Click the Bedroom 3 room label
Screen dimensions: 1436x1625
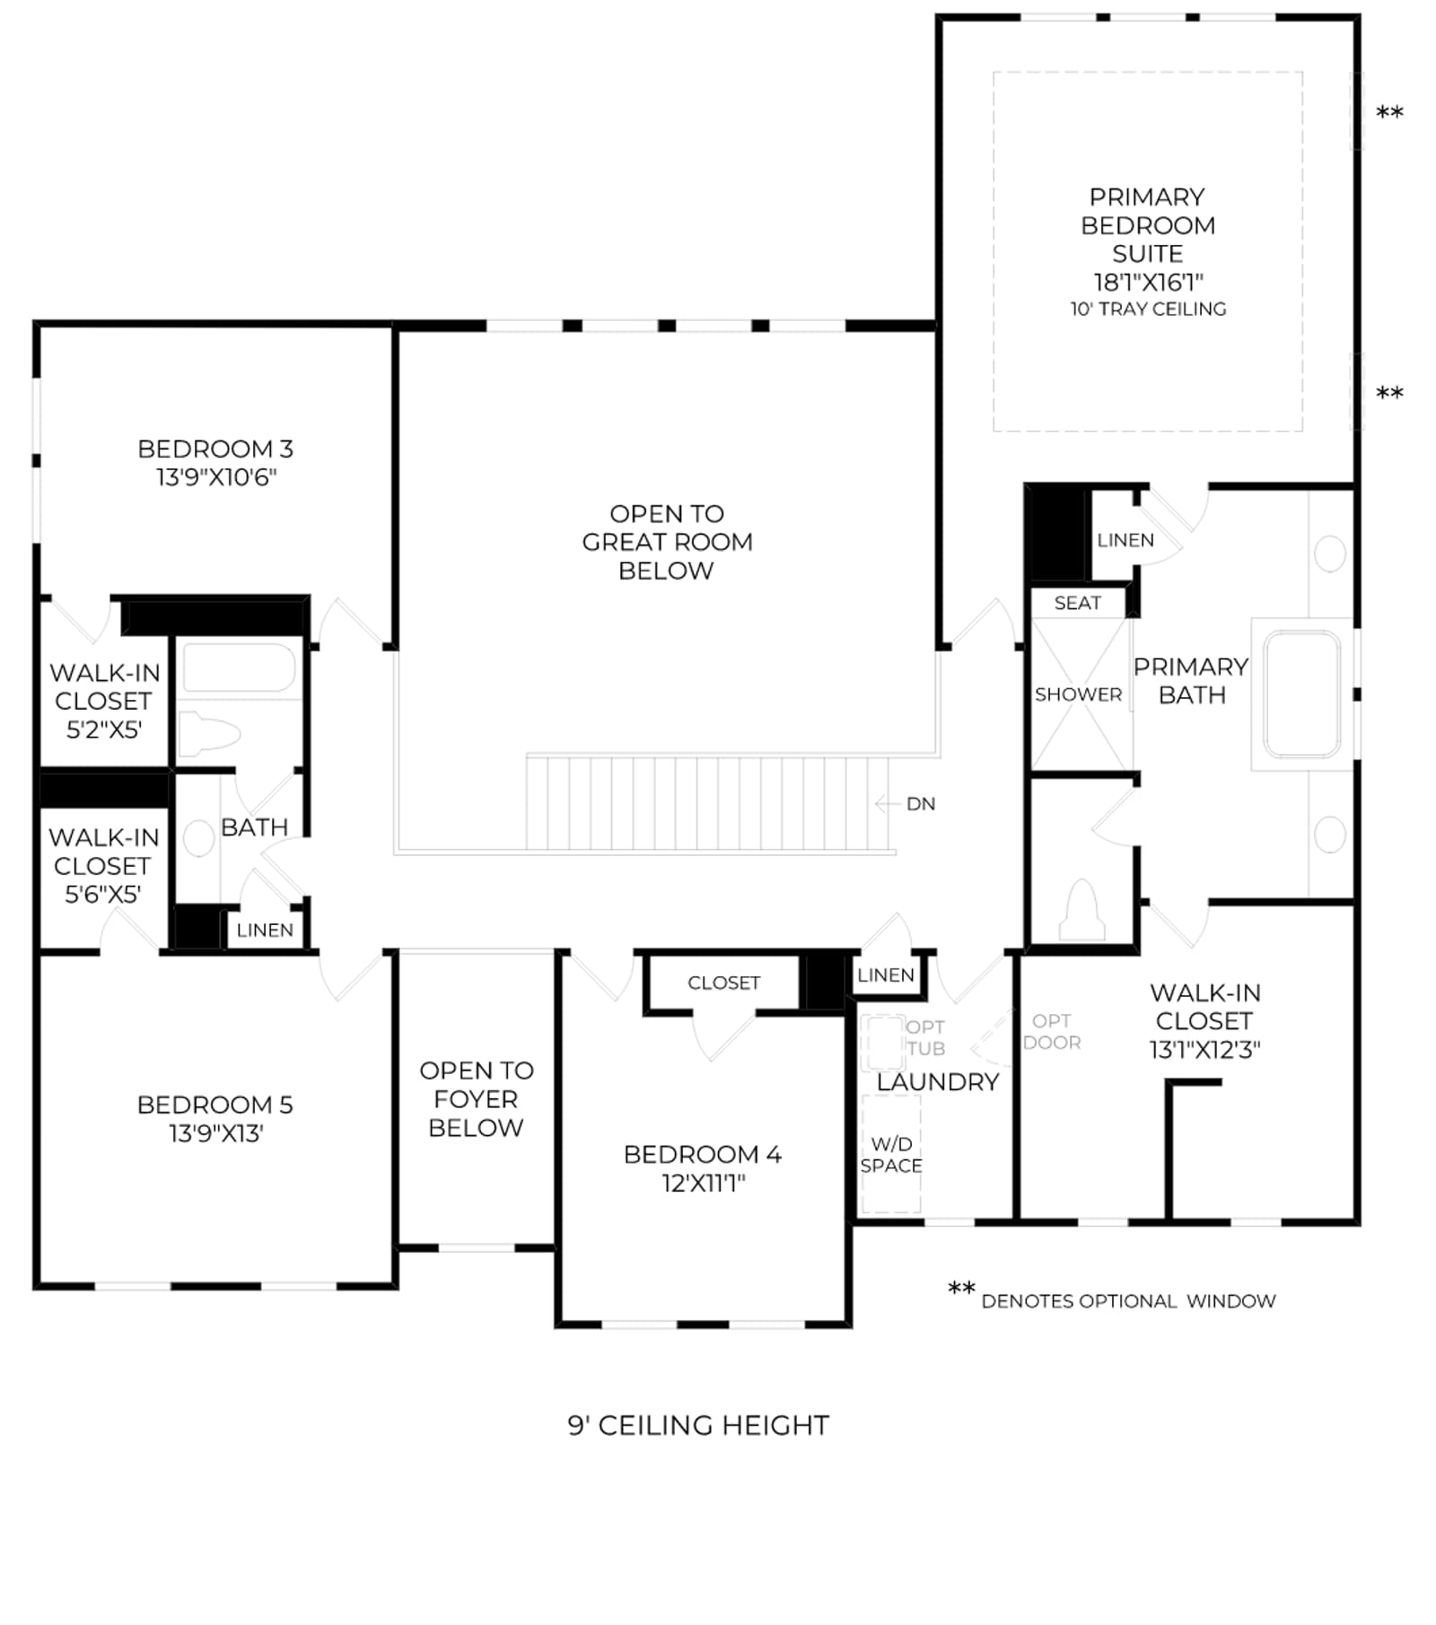tap(215, 462)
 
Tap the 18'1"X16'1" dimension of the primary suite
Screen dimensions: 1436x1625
tap(1148, 282)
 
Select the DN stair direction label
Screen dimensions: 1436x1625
tap(921, 803)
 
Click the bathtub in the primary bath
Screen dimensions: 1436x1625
tap(1301, 693)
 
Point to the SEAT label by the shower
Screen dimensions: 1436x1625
tap(1077, 603)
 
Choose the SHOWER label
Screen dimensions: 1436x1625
tap(1078, 695)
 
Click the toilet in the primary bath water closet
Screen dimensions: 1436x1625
tap(1082, 910)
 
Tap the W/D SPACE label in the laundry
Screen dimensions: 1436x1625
tap(891, 1154)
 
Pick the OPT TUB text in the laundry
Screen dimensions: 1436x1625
tap(925, 1037)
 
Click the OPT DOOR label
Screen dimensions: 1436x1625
tap(1052, 1031)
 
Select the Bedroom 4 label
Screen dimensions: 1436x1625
tap(703, 1168)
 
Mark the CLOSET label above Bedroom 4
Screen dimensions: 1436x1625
tap(723, 983)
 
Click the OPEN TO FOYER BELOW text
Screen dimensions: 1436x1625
tap(476, 1098)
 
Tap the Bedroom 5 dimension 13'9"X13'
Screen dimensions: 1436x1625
tap(215, 1133)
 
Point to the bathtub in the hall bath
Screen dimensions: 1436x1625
tap(239, 668)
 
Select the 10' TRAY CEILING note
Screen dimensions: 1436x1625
tap(1148, 309)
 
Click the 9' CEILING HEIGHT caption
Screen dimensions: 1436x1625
tap(698, 1425)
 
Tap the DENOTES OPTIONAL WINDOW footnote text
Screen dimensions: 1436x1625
tap(1128, 1301)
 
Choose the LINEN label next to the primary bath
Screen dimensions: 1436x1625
tap(1125, 540)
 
